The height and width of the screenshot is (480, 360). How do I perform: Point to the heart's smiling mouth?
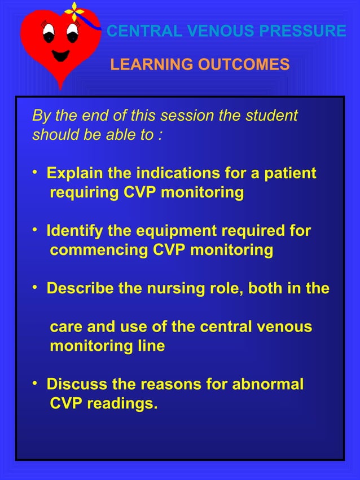60,56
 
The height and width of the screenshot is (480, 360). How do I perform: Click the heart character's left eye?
47,35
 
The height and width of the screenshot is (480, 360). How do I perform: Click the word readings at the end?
121,404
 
